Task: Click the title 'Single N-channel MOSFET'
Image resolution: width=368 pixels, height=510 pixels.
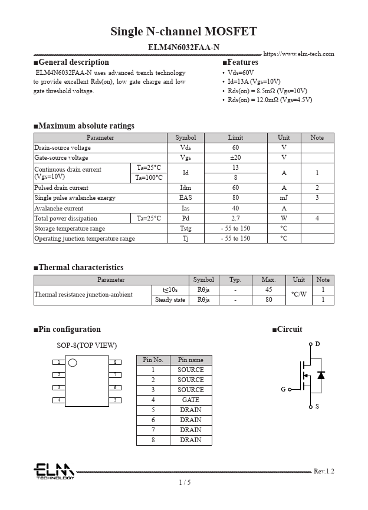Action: coord(183,32)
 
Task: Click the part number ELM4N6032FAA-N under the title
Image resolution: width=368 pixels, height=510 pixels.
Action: coord(183,47)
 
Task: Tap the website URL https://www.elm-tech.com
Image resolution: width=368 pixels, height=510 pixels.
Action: coord(298,54)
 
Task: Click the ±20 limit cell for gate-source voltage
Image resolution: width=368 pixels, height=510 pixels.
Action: coord(235,158)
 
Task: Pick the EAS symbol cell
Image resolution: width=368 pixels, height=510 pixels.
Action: coord(185,198)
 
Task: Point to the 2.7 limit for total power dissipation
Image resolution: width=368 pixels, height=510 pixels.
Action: coord(235,218)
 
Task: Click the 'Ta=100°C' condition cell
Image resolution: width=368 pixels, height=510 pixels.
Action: coord(149,178)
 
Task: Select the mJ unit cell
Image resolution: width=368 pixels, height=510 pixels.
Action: coord(284,198)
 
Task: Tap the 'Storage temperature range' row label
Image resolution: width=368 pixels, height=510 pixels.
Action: coord(70,228)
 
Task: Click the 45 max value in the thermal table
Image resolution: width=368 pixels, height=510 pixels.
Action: coord(268,290)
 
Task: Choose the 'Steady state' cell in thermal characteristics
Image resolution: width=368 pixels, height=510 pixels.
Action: coord(169,300)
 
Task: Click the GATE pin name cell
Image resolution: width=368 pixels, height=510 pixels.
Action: coord(190,400)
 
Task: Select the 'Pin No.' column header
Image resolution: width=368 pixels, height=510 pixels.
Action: coord(153,360)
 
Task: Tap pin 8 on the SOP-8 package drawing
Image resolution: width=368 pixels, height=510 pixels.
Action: coord(116,362)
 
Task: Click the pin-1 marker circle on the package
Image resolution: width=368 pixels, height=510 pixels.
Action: coord(73,362)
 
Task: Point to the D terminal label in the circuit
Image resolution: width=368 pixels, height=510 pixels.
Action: coord(317,344)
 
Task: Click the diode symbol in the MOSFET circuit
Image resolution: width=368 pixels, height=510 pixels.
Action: coord(321,375)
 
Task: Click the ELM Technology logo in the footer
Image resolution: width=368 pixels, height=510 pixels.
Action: coord(54,470)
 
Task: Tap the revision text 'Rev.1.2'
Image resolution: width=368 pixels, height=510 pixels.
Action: coord(324,471)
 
